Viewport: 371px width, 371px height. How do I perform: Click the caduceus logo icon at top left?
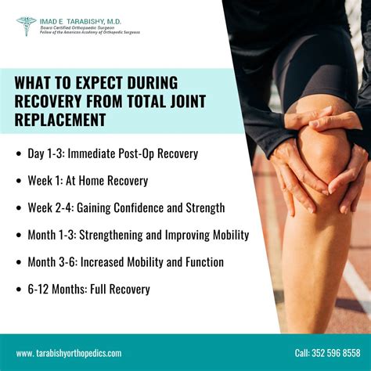tap(26, 26)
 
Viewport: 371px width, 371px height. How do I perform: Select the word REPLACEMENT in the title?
tap(60, 120)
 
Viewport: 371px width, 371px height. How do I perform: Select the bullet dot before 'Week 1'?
tap(20, 181)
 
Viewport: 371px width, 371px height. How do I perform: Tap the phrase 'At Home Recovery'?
tap(107, 181)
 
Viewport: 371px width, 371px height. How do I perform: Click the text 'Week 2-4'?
tap(54, 207)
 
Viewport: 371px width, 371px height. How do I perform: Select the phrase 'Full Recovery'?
tap(123, 289)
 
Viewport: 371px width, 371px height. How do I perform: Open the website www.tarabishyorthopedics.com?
tap(69, 353)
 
